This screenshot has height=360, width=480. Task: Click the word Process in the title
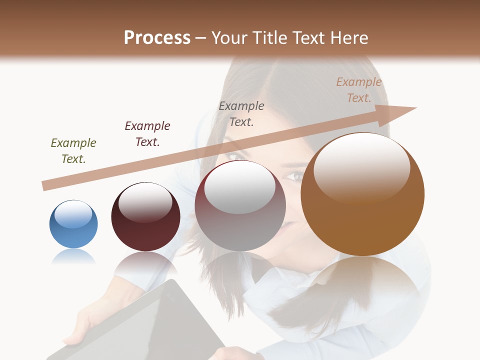157,38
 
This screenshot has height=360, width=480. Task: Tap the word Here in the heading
348,38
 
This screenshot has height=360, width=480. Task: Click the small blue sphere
73,225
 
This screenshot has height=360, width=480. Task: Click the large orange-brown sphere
362,200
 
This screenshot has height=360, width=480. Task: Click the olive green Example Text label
73,151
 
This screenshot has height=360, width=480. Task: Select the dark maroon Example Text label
147,134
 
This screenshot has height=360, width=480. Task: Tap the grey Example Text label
241,114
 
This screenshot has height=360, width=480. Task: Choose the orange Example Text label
358,90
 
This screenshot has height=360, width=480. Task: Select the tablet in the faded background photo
150,325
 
